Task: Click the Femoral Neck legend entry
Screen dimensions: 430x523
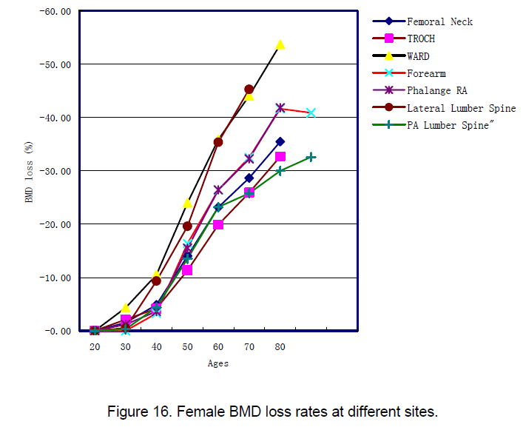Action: [x=439, y=21]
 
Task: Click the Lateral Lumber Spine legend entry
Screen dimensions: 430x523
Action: [x=461, y=108]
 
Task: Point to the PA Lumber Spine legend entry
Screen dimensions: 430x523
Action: [x=448, y=125]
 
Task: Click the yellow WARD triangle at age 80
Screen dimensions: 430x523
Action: [x=280, y=44]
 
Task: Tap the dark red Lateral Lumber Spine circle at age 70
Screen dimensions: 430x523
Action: [x=249, y=90]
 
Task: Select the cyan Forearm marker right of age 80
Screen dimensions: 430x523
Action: [x=311, y=113]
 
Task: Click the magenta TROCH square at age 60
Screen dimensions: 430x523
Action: [x=218, y=224]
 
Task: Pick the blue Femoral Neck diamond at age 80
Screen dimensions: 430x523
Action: [x=280, y=141]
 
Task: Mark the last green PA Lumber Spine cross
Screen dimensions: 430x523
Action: [x=311, y=157]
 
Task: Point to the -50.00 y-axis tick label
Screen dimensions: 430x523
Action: [x=55, y=64]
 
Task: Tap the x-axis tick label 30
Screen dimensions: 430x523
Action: [x=126, y=346]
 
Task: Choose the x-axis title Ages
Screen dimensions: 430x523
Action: [x=217, y=363]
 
